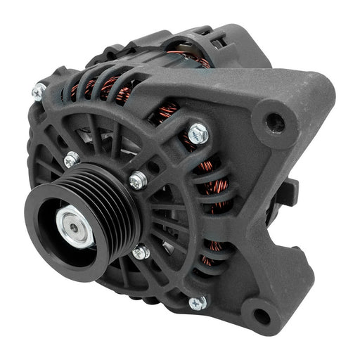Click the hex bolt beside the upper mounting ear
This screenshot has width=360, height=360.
tap(198, 131)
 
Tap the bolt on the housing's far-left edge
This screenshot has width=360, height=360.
tap(39, 91)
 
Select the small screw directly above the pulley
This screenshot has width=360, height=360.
tap(71, 160)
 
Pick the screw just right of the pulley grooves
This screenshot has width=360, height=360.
tap(138, 181)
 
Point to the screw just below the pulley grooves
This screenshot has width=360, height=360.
tap(141, 251)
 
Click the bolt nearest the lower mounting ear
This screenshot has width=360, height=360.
tap(198, 303)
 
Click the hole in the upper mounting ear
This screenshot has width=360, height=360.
tap(274, 119)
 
